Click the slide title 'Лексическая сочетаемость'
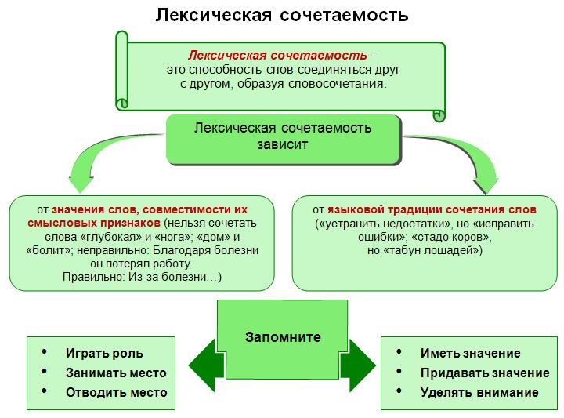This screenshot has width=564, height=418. [282, 16]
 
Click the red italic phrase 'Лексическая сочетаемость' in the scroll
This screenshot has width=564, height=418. [277, 55]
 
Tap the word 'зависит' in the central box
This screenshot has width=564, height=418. [282, 145]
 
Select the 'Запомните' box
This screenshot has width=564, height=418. [283, 340]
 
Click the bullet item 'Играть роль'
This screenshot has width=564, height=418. [104, 354]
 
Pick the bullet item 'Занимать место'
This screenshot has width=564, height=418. [116, 373]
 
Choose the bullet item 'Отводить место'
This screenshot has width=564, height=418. [117, 392]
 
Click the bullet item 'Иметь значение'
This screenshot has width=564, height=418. [471, 353]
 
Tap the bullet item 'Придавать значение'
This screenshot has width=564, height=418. [485, 373]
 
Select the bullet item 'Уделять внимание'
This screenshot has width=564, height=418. [479, 392]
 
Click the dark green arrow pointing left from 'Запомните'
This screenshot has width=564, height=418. [202, 365]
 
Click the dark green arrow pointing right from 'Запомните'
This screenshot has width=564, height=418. [358, 365]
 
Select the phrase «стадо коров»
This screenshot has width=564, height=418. [450, 238]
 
